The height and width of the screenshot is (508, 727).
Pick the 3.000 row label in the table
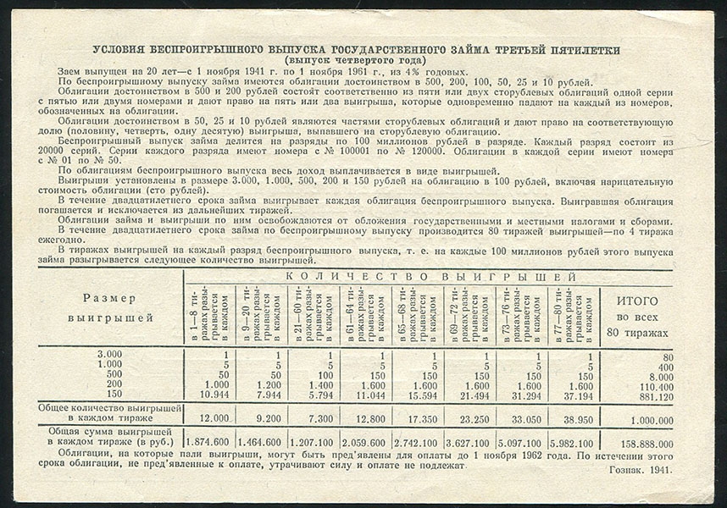pyautogui.click(x=109, y=354)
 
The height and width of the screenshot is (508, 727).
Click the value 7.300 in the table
pyautogui.click(x=316, y=419)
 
